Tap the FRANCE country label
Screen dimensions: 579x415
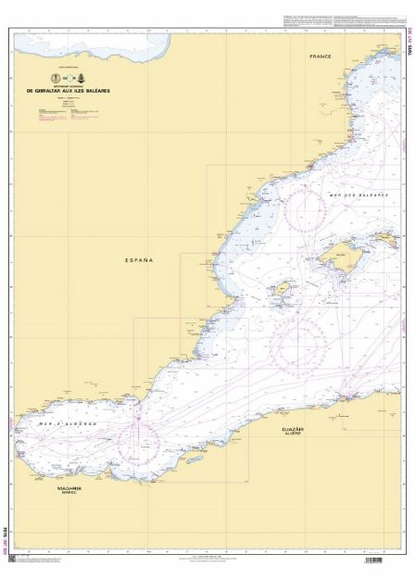(x=321, y=57)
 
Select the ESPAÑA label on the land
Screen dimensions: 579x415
(x=138, y=260)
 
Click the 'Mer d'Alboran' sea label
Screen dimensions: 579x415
(x=54, y=423)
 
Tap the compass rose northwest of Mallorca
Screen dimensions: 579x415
(x=305, y=208)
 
